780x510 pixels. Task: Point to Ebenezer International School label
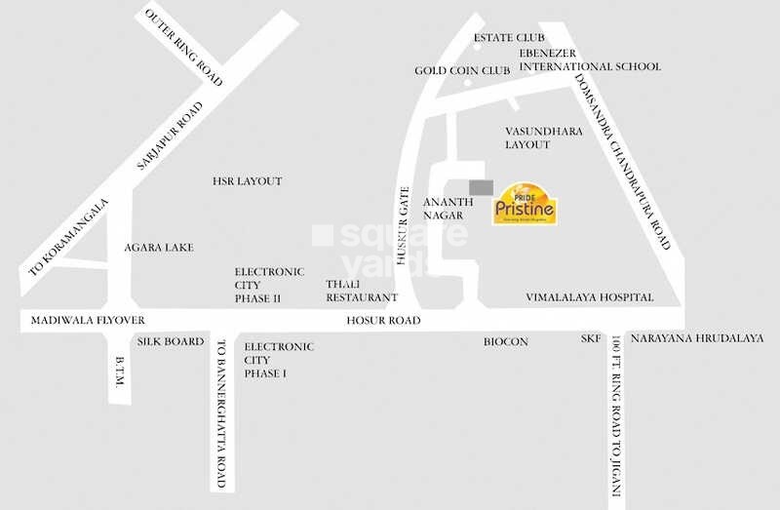tap(589, 59)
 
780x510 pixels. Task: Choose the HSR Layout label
tap(247, 181)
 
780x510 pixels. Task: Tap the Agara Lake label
tap(159, 248)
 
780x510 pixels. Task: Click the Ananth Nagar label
tap(448, 209)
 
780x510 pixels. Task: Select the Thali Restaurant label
tap(362, 290)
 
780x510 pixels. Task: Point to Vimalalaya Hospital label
tap(589, 296)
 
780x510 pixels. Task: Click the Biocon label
tap(505, 342)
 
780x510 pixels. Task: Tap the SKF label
tap(590, 339)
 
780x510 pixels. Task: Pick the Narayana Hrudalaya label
tap(697, 338)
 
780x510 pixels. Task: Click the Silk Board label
tap(171, 341)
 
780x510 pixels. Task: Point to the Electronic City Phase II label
tap(269, 285)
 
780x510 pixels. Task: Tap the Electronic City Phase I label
tap(279, 360)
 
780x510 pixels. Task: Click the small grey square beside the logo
tap(481, 187)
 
